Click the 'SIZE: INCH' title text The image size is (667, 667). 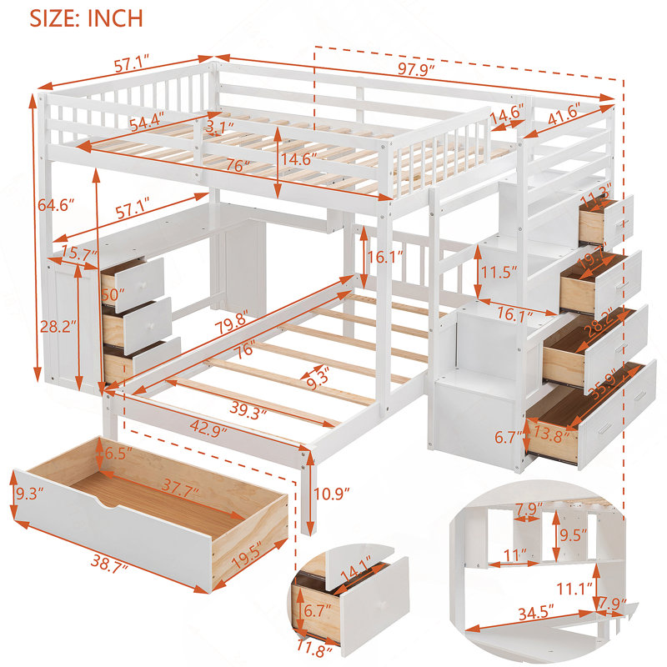pyautogui.click(x=86, y=18)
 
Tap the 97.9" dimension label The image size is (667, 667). pyautogui.click(x=416, y=69)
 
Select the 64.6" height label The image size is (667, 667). pyautogui.click(x=56, y=205)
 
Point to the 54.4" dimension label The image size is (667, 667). pyautogui.click(x=147, y=123)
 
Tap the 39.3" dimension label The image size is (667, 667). pyautogui.click(x=248, y=409)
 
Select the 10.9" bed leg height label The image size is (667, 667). pyautogui.click(x=331, y=494)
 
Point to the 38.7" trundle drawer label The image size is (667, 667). pyautogui.click(x=109, y=565)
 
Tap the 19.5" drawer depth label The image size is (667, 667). pyautogui.click(x=246, y=555)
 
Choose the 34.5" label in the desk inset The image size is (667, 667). pyautogui.click(x=536, y=613)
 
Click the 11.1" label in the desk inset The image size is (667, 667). pyautogui.click(x=575, y=589)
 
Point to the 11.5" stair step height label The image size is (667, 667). pyautogui.click(x=499, y=272)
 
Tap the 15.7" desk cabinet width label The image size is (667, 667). pyautogui.click(x=79, y=254)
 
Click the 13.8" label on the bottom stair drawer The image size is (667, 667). pyautogui.click(x=552, y=434)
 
